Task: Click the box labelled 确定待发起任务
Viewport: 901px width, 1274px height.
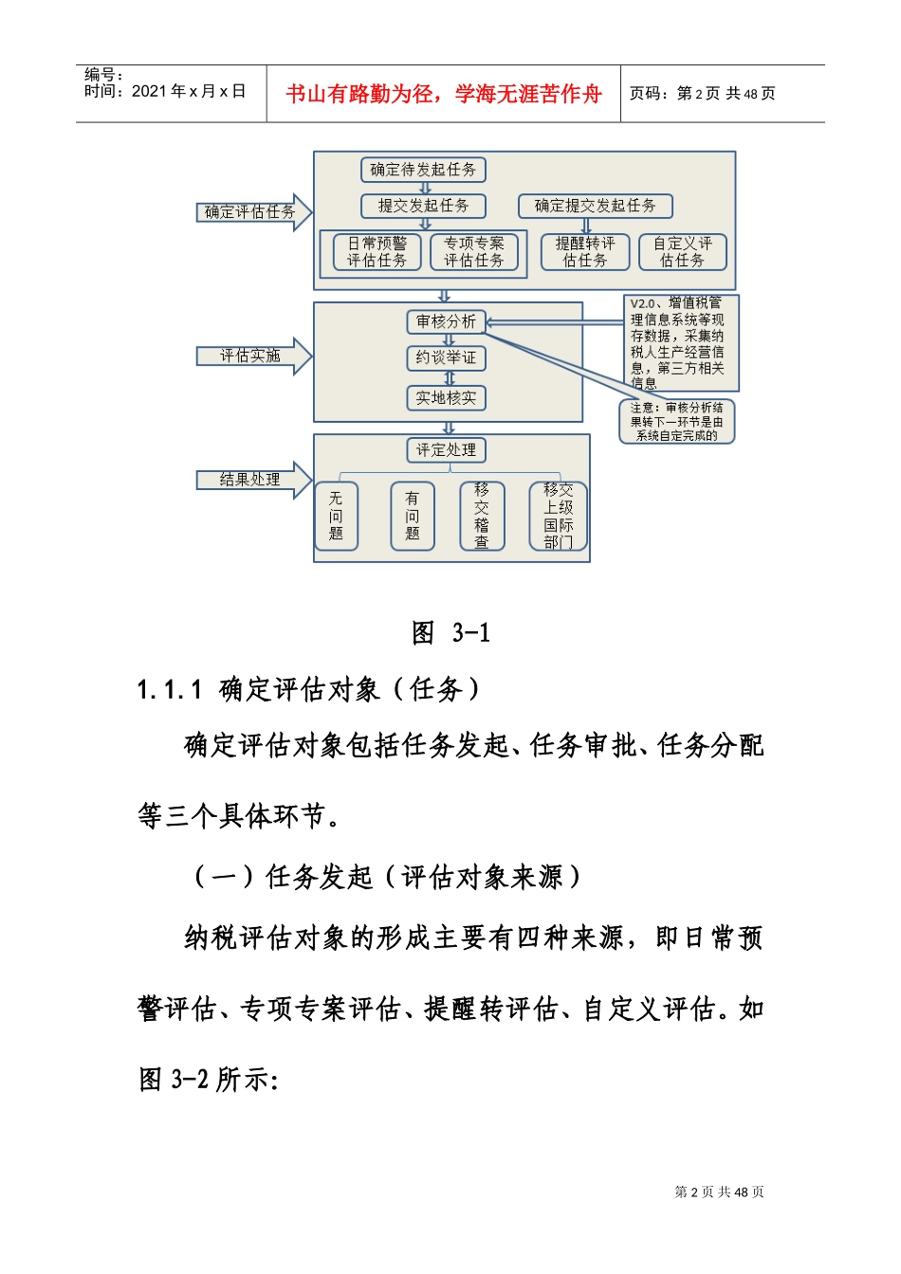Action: click(423, 170)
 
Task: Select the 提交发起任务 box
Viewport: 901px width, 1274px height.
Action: click(423, 206)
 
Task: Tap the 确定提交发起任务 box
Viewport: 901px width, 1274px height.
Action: click(595, 206)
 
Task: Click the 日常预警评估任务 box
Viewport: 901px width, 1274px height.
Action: click(377, 252)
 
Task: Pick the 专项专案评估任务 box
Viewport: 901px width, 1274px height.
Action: click(474, 252)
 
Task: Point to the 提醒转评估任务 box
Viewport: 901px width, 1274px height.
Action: click(585, 252)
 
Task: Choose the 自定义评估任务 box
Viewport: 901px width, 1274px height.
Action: click(682, 252)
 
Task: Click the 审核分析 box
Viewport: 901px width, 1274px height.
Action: click(446, 322)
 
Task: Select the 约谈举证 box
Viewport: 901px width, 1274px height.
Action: click(446, 358)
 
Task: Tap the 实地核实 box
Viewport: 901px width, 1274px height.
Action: click(446, 398)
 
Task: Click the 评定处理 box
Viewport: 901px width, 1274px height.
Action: click(446, 450)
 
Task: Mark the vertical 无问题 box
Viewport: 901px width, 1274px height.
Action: click(336, 516)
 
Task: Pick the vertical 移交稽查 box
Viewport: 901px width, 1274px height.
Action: click(482, 516)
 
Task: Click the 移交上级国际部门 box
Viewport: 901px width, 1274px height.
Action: click(558, 516)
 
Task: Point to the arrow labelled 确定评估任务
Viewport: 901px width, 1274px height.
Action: click(252, 212)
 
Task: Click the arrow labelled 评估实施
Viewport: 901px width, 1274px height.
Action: click(252, 356)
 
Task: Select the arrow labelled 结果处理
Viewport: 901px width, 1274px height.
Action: click(252, 480)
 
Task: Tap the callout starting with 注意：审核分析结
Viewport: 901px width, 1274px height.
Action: click(677, 422)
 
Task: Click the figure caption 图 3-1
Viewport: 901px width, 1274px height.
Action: click(451, 633)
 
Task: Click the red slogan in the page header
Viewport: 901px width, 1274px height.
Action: click(444, 94)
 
